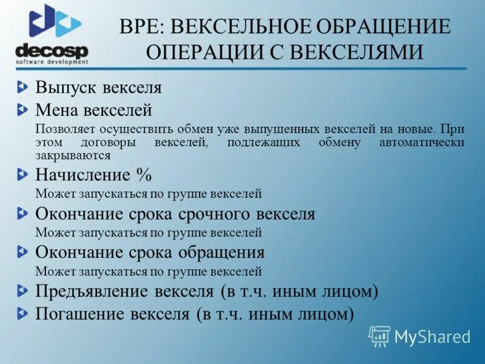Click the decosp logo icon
[x=54, y=23]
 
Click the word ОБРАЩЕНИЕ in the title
[x=373, y=27]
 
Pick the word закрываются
[x=73, y=155]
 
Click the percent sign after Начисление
[x=143, y=175]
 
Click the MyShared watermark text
[x=432, y=337]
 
